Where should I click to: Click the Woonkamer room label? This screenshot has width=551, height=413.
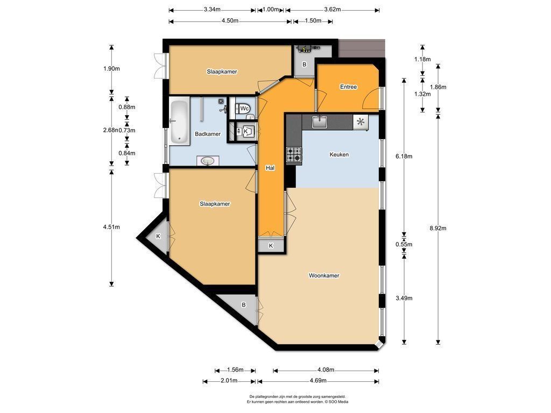tap(324, 276)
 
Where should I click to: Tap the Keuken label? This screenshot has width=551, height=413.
tap(339, 154)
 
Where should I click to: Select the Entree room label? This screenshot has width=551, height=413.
tap(348, 87)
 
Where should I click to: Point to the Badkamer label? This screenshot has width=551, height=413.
tap(208, 134)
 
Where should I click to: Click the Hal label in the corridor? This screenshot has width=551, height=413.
tap(270, 168)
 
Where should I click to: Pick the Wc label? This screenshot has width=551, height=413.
tap(245, 109)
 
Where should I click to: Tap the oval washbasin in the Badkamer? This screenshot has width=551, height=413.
tap(208, 160)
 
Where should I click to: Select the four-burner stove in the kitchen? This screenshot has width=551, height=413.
tap(294, 154)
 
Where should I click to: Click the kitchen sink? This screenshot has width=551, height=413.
tap(320, 122)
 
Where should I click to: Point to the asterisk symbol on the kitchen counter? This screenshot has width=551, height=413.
tap(361, 122)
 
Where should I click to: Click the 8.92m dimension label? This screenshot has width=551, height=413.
tap(438, 228)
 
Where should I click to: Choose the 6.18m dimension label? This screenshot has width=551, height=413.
tap(404, 156)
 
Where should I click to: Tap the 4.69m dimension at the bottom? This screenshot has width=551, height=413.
tap(318, 381)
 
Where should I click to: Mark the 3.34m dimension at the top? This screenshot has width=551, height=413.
tap(212, 10)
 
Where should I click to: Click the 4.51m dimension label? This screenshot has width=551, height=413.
tap(111, 227)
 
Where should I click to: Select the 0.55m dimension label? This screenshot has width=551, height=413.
tap(404, 245)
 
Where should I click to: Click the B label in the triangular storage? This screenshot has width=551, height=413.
tap(244, 305)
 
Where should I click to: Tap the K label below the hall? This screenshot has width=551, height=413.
tap(271, 246)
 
